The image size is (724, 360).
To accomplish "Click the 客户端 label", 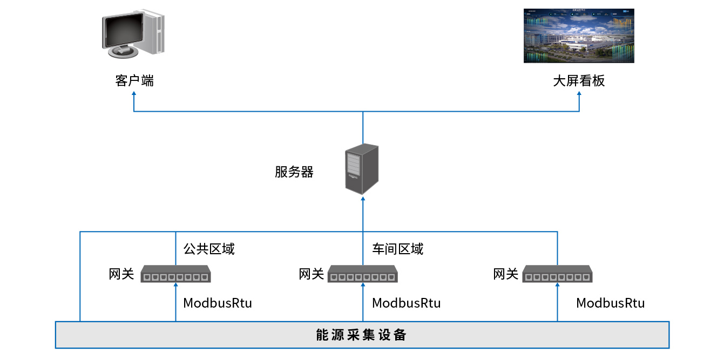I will (x=134, y=81).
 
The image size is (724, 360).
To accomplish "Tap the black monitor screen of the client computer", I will (x=124, y=31).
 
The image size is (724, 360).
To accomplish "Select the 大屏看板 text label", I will (x=579, y=81).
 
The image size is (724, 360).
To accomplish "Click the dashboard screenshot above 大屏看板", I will (x=579, y=36).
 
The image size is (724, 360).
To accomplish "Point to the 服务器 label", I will (x=294, y=172).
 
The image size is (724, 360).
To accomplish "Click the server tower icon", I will (x=362, y=168).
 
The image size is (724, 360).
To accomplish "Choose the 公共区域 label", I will (x=209, y=249).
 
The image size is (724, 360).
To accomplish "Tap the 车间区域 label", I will (x=398, y=249).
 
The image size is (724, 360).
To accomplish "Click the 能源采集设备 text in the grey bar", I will (x=361, y=335).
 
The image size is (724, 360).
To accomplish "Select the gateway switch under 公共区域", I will (x=175, y=274).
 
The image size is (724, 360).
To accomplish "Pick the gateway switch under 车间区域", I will (x=362, y=274).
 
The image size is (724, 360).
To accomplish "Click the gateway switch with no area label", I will (x=558, y=274).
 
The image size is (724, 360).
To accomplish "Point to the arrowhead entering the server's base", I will (x=363, y=198).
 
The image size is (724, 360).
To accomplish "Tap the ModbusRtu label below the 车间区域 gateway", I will (x=406, y=303).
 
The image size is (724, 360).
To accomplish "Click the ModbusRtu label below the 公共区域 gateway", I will (x=218, y=303).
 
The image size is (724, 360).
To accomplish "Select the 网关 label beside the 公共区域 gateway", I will (x=121, y=274).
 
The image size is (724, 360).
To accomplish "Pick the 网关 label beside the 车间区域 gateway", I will (x=312, y=274).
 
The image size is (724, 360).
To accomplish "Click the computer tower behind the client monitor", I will (x=155, y=32).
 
